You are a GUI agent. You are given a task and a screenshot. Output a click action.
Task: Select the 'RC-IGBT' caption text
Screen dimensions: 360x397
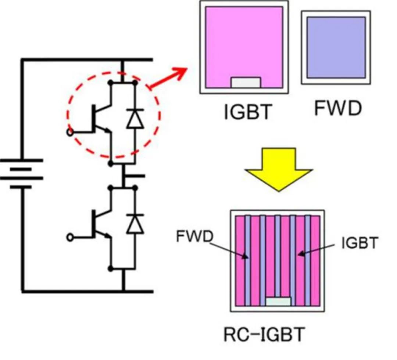point(264,335)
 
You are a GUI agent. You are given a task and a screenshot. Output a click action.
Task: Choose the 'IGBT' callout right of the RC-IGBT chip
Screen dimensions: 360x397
point(360,244)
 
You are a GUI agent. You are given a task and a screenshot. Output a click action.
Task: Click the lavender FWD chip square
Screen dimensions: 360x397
point(336,47)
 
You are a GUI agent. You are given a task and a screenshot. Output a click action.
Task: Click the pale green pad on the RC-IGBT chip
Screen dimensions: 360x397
point(278,301)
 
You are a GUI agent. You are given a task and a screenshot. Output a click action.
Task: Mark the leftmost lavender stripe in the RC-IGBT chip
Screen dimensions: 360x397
point(248,261)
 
